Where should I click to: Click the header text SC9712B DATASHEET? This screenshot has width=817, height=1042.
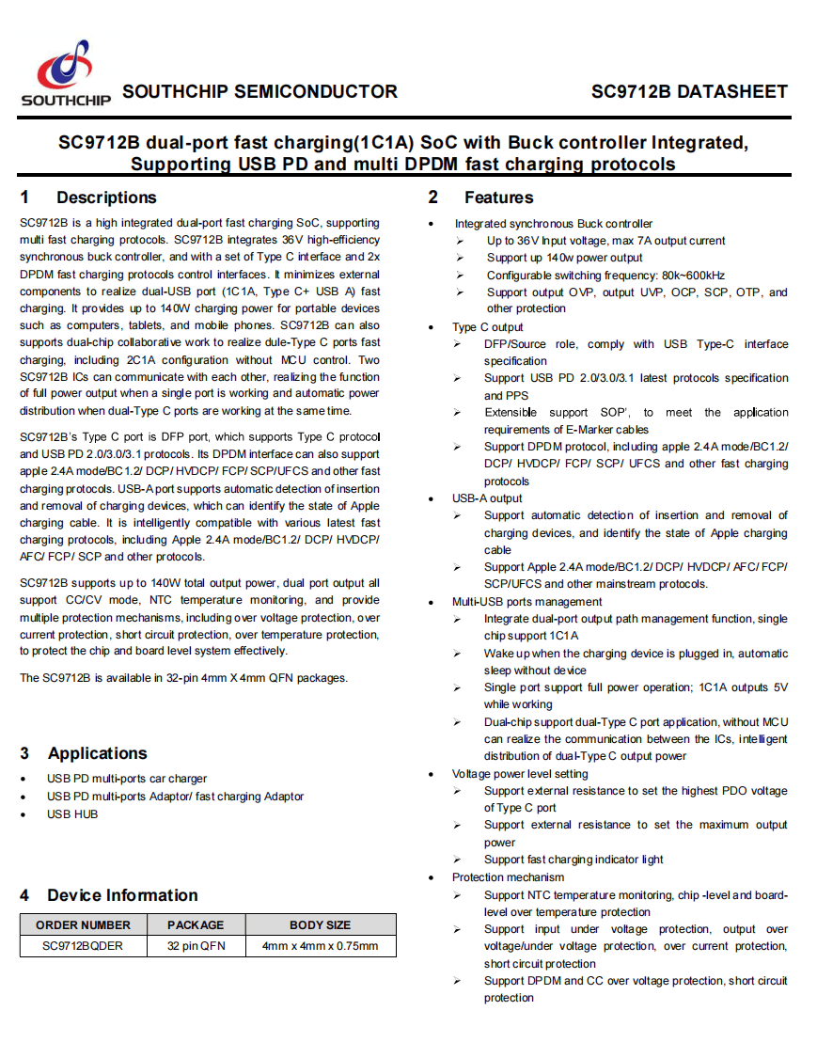point(689,92)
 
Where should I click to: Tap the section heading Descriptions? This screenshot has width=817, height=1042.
point(106,197)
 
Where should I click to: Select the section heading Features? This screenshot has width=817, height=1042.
point(498,197)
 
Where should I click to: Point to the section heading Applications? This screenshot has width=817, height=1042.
point(97,753)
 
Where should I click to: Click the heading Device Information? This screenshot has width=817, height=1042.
point(122,895)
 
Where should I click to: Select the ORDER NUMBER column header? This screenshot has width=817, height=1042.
point(83,924)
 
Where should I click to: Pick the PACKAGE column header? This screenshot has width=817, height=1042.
point(196,924)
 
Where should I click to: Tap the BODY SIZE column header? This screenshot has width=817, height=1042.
point(320,924)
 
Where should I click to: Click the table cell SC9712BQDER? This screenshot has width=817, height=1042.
point(83,946)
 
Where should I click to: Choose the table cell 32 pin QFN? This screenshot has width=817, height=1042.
point(196,946)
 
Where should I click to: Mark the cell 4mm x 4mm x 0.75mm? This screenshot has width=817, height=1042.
point(320,946)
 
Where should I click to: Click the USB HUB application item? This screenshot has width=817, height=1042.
point(72,814)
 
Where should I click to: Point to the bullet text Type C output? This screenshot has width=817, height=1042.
point(487,327)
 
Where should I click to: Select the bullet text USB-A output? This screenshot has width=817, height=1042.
point(487,498)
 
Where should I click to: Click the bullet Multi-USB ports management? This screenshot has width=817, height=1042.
point(526,602)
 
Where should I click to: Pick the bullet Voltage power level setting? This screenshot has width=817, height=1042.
point(520,774)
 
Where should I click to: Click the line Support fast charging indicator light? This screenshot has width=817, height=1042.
point(573,860)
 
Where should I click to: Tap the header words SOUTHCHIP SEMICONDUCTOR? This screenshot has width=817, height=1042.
point(260,92)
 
